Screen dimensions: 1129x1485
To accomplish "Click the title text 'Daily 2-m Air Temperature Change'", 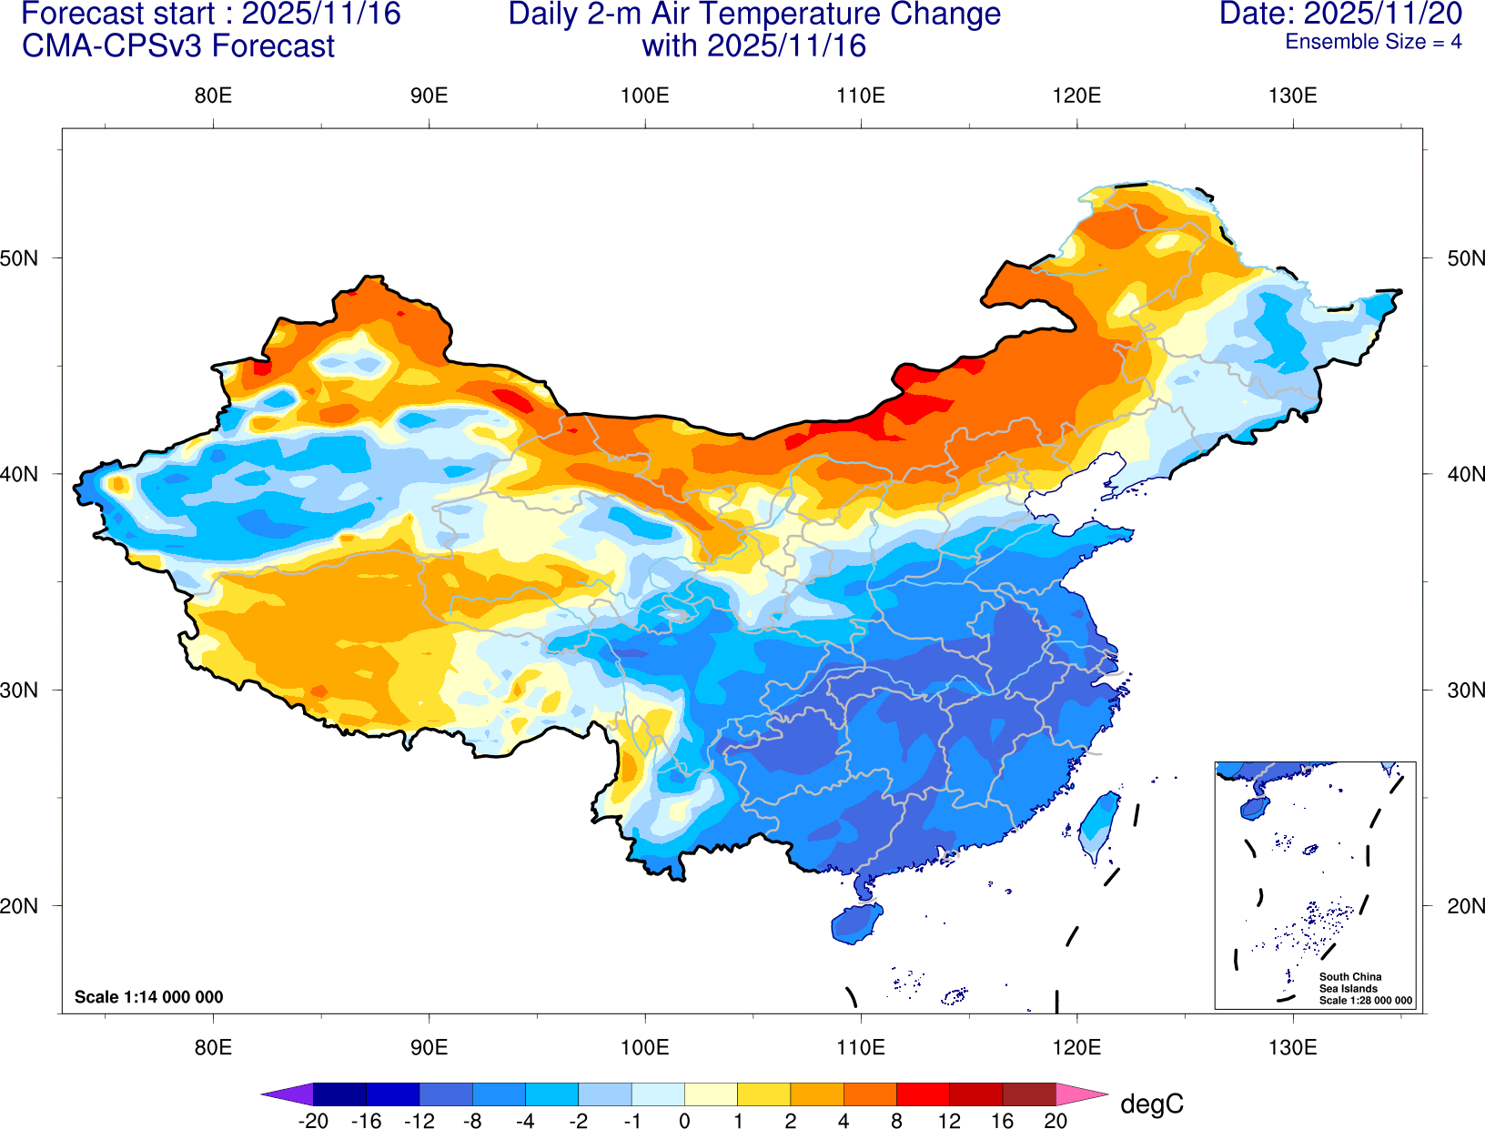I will click(754, 15).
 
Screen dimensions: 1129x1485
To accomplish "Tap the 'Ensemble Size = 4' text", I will click(1373, 42).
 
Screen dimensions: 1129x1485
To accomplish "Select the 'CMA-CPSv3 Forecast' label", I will click(178, 46).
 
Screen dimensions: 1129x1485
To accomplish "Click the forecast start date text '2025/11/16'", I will click(321, 14).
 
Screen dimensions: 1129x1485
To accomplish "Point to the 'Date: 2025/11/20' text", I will click(1340, 14).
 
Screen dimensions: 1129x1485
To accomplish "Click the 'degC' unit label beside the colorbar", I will click(1152, 1104).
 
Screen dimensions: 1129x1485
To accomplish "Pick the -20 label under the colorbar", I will click(313, 1121).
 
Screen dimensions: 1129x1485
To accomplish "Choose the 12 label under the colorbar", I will click(949, 1121).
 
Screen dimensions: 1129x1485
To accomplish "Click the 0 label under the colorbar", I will click(684, 1121).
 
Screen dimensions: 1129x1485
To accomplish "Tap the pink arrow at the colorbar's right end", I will click(1079, 1094).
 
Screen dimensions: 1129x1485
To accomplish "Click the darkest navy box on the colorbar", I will click(339, 1094).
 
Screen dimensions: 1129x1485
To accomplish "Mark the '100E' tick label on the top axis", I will click(645, 96).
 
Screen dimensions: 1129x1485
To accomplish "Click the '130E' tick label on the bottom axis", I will click(1292, 1047).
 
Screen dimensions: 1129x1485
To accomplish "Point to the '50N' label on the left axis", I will click(19, 258).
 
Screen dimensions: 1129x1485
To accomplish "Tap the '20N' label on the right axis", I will click(1466, 906).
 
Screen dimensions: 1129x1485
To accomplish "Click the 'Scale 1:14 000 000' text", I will click(148, 997).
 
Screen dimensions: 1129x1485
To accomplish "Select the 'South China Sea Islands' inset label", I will click(1350, 983).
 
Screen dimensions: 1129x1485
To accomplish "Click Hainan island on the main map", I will click(856, 922).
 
